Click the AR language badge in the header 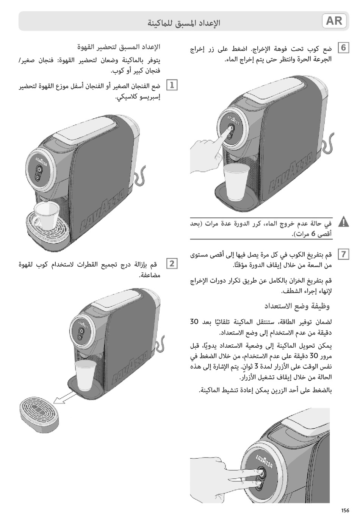coord(334,21)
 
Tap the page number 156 coord(345,510)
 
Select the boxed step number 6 coord(343,48)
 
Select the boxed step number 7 coord(343,254)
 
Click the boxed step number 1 coord(172,85)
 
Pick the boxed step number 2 coord(172,263)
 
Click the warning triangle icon coord(343,222)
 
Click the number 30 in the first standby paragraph coord(194,322)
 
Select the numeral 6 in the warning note coord(313,234)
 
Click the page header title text coord(184,23)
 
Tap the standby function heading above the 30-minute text coord(297,306)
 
